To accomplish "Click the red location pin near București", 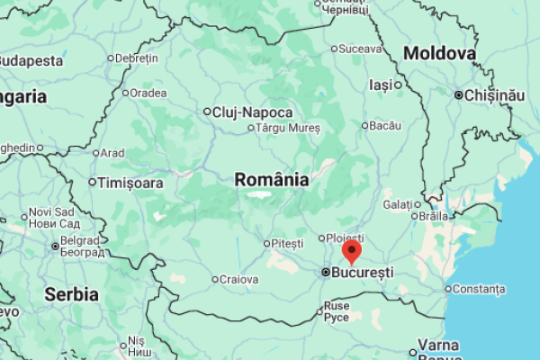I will click(x=352, y=250).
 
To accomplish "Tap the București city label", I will click(x=362, y=272).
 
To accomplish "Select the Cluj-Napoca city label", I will click(x=252, y=112).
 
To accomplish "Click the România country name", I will click(x=272, y=180).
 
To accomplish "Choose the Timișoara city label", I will click(x=131, y=183).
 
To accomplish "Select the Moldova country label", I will click(x=439, y=54).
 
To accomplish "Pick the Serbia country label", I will click(x=71, y=294).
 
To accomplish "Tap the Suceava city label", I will click(x=361, y=49).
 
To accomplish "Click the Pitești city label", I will click(x=288, y=243).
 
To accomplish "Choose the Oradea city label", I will click(x=148, y=92).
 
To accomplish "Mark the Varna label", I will click(x=438, y=346).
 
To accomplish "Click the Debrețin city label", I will click(x=137, y=58).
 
